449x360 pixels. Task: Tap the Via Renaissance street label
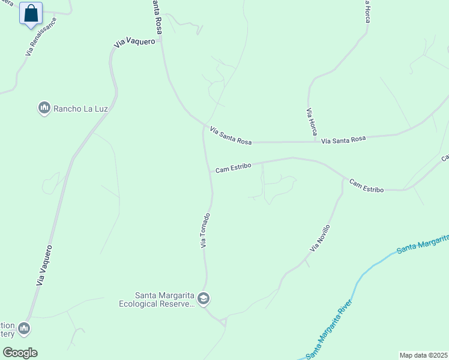click(x=41, y=37)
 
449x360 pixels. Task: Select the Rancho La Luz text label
click(x=76, y=109)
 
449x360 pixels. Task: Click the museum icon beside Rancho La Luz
click(x=44, y=108)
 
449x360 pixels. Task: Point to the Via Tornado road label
click(x=205, y=230)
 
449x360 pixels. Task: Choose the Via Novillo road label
click(x=320, y=238)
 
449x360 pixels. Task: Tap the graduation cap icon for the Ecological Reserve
click(x=204, y=298)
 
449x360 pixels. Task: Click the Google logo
click(x=20, y=353)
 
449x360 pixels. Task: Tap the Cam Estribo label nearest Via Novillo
click(x=366, y=186)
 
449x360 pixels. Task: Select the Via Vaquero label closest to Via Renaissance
click(x=138, y=41)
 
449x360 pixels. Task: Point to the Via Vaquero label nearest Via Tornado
click(x=45, y=264)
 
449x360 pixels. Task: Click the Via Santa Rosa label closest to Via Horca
click(x=343, y=140)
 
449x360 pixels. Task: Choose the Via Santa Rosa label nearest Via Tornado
click(x=231, y=135)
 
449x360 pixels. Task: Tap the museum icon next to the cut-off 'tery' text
click(x=24, y=328)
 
